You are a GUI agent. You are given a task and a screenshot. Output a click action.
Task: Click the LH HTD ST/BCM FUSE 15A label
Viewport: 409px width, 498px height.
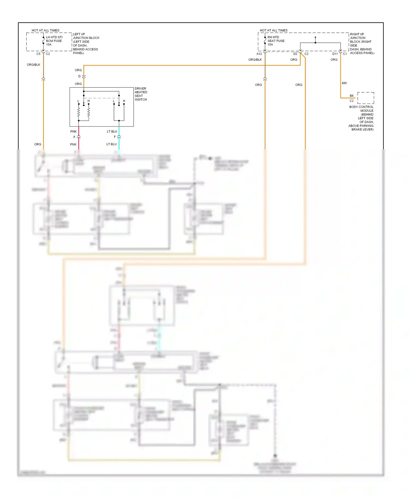click(x=54, y=41)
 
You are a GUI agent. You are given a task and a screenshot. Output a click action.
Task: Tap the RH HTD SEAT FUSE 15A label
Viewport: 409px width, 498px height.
click(x=276, y=41)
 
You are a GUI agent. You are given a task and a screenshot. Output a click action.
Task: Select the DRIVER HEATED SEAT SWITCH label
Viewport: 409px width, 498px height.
click(x=141, y=94)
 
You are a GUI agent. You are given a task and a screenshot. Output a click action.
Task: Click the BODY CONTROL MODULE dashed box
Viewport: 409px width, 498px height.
click(x=366, y=98)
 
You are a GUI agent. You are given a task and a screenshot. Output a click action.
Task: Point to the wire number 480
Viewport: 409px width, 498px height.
click(x=344, y=83)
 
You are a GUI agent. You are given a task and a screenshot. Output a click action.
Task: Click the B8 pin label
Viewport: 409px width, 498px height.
click(x=351, y=96)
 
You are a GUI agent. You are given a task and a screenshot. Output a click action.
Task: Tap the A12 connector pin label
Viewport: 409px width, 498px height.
click(x=259, y=54)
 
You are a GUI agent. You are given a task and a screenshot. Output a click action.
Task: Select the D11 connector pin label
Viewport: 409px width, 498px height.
click(x=335, y=54)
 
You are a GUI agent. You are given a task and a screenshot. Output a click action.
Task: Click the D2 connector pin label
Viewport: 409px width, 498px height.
click(x=295, y=54)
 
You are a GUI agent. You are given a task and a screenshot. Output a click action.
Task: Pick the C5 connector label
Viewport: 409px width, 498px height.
click(x=38, y=54)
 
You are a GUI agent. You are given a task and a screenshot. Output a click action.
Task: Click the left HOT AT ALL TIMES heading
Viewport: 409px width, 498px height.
click(x=46, y=31)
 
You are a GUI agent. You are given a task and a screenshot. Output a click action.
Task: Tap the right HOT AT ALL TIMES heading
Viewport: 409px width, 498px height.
click(x=273, y=31)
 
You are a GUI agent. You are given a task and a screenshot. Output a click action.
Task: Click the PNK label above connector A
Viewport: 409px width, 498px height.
click(x=73, y=132)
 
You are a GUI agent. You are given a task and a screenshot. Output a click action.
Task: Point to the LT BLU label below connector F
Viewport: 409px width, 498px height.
click(x=112, y=144)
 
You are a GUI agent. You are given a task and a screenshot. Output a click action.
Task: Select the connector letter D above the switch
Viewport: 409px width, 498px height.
click(x=80, y=76)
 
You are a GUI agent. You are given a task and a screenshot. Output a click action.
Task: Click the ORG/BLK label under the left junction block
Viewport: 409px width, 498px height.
click(x=34, y=65)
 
